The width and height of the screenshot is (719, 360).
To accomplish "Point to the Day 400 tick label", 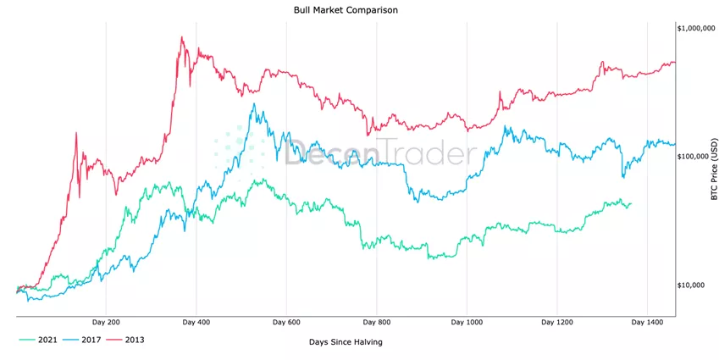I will point(196,323).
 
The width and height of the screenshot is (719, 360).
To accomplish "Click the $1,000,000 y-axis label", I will point(696,29).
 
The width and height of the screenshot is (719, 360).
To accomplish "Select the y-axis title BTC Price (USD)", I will point(713,169).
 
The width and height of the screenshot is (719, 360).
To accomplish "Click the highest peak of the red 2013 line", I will point(182,37).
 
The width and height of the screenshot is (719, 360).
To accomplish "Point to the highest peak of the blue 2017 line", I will point(253,104).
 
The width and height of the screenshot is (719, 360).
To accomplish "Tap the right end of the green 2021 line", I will point(631,203).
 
